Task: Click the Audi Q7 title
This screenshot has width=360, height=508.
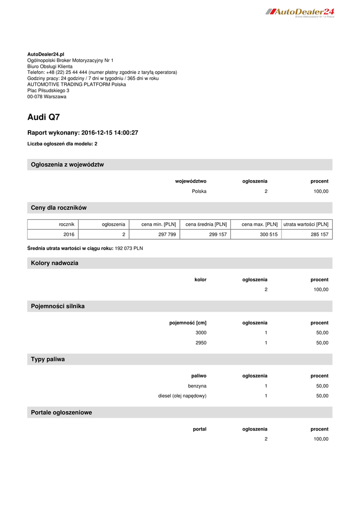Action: point(44,117)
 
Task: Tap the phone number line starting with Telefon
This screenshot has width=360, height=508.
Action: point(102,72)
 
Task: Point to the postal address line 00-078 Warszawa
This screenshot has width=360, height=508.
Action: point(47,97)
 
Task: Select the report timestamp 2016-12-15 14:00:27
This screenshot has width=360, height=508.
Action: point(109,132)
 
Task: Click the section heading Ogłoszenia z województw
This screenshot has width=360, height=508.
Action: point(68,164)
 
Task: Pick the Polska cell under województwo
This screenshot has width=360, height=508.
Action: point(199,191)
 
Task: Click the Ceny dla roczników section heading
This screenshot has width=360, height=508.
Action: point(59,207)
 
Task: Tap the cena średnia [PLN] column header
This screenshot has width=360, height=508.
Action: point(206,224)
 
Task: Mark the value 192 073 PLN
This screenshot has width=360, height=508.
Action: point(129,248)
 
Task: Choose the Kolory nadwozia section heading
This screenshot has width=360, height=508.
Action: point(55,263)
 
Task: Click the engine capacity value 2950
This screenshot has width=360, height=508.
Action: point(201,343)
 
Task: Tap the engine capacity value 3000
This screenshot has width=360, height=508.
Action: point(201,332)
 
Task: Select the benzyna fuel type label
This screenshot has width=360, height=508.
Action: point(197,385)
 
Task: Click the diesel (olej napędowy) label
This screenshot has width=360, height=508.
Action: point(182,396)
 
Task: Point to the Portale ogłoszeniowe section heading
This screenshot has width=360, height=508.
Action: point(62,412)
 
